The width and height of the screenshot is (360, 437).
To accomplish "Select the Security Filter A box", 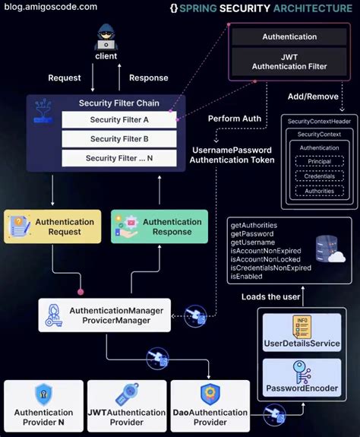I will pyautogui.click(x=119, y=119).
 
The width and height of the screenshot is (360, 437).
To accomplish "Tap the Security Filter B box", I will pyautogui.click(x=119, y=139).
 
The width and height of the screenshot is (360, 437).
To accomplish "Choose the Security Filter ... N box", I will pyautogui.click(x=119, y=159).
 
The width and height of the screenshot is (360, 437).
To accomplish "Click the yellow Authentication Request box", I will pyautogui.click(x=52, y=226).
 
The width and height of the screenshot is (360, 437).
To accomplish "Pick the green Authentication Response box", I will pyautogui.click(x=159, y=226).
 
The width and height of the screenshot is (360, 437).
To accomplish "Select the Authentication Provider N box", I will pyautogui.click(x=43, y=406).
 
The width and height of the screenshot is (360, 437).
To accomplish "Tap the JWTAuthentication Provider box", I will pyautogui.click(x=126, y=406).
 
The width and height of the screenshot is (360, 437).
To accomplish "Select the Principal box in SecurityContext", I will pyautogui.click(x=319, y=160).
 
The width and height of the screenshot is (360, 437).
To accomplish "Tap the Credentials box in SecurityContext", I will pyautogui.click(x=319, y=176).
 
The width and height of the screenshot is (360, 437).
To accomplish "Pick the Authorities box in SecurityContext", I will pyautogui.click(x=319, y=192).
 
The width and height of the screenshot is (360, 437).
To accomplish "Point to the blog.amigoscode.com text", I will pyautogui.click(x=49, y=7).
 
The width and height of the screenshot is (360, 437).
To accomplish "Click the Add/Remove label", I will pyautogui.click(x=313, y=97).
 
